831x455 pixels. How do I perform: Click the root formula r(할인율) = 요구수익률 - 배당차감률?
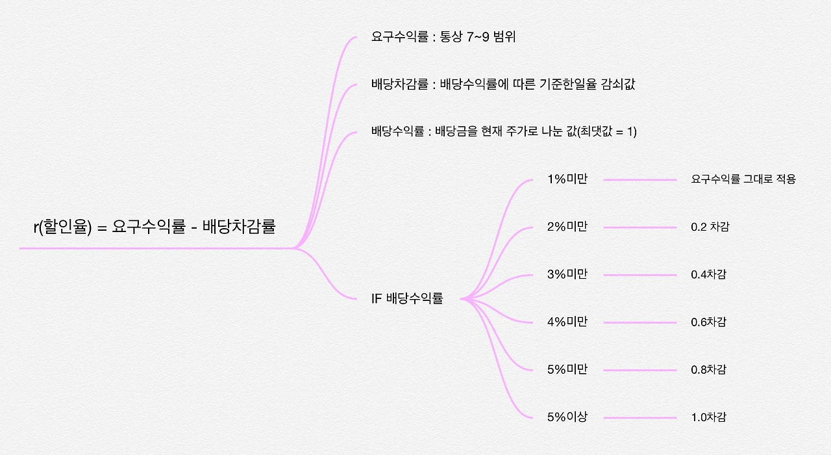(155, 227)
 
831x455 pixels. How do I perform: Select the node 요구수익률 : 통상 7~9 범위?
(443, 37)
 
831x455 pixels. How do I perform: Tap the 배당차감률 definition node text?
(502, 84)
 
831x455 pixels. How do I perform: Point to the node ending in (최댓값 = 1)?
(504, 132)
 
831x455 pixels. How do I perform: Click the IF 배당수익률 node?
(407, 299)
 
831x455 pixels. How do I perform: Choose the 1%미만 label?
(567, 179)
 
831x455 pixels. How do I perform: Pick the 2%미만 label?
(567, 227)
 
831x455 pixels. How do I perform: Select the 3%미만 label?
(567, 274)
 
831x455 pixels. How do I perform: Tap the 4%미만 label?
(567, 322)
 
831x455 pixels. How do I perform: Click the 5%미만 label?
(567, 370)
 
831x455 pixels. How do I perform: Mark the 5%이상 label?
(567, 417)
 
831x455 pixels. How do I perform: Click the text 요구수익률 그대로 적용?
(743, 179)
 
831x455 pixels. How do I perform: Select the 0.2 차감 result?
(710, 227)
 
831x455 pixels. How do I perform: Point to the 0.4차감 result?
(708, 274)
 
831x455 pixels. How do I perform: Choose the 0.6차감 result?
(708, 322)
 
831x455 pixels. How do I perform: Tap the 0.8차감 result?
(708, 370)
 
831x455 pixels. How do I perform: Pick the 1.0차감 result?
(708, 417)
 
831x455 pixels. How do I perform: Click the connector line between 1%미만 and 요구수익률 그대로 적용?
(640, 180)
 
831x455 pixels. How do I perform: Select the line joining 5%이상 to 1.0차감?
(640, 418)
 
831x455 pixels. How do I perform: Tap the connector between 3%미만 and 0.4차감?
(640, 275)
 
